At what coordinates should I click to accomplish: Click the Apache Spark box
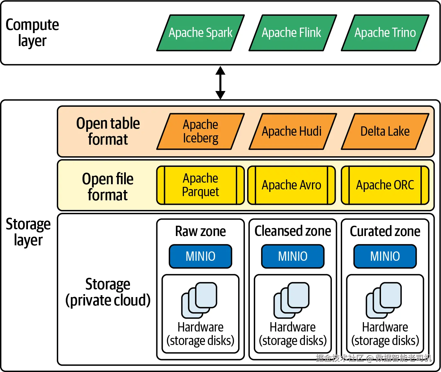[201, 33]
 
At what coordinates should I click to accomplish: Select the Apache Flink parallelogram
[293, 33]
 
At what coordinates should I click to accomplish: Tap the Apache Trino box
[385, 33]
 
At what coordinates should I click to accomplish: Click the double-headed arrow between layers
[220, 83]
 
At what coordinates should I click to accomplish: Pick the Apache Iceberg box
[201, 132]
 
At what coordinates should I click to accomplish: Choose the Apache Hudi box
[293, 132]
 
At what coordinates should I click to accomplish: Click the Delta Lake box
[385, 132]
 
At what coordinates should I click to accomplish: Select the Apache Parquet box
[201, 185]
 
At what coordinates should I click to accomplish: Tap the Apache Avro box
[292, 185]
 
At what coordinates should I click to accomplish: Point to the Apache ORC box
[385, 185]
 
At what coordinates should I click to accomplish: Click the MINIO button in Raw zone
[201, 256]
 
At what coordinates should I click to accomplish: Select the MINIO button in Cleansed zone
[293, 256]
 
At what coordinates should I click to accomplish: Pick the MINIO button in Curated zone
[385, 256]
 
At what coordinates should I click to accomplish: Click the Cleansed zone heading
[293, 231]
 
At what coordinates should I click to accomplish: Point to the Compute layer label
[32, 32]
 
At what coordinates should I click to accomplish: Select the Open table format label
[108, 131]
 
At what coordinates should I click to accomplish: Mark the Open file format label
[108, 187]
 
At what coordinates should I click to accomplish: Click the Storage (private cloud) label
[108, 292]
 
